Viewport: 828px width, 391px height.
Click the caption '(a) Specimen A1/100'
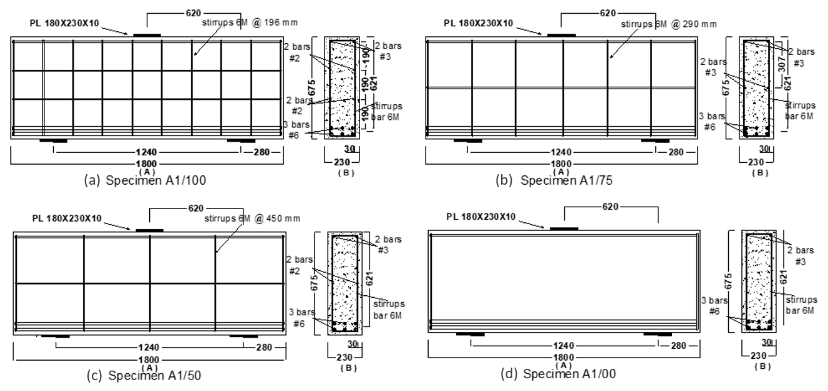[145, 180]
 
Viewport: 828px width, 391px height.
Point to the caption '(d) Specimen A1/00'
[558, 374]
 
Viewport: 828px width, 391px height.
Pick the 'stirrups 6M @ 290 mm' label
[669, 24]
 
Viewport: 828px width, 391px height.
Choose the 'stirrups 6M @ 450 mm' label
[252, 219]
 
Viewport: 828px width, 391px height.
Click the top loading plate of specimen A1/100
[147, 35]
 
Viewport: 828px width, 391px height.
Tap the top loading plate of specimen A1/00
[564, 229]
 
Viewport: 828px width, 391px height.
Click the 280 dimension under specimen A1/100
[262, 152]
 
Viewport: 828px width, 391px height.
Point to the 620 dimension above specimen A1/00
[610, 207]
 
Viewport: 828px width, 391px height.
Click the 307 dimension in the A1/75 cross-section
[782, 64]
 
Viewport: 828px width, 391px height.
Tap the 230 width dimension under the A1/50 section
[344, 357]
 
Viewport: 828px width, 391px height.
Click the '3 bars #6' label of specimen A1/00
[714, 306]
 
